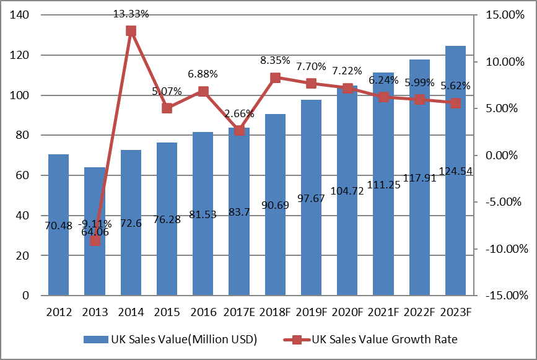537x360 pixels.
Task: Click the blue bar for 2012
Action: coord(58,248)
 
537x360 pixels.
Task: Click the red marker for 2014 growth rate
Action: coord(131,31)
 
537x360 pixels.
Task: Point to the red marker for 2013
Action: coord(95,240)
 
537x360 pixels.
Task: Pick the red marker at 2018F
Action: coord(276,77)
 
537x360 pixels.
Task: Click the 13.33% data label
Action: coord(131,13)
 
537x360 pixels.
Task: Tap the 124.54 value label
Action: coord(455,170)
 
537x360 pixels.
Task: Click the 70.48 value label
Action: coord(58,226)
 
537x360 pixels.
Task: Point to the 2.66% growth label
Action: coord(239,113)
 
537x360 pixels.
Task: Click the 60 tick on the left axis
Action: coord(24,175)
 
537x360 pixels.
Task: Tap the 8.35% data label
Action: coord(276,60)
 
